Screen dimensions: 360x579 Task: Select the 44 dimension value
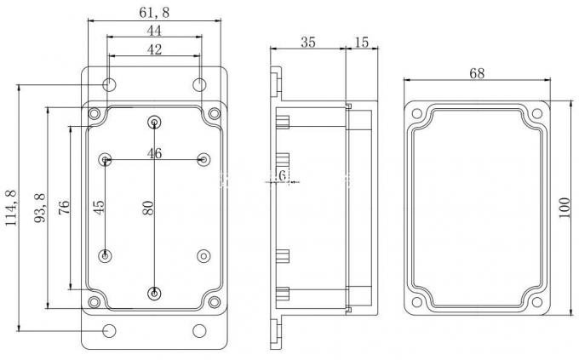(x=154, y=30)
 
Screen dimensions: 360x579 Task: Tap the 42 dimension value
(x=154, y=49)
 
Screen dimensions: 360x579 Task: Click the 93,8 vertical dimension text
(x=39, y=209)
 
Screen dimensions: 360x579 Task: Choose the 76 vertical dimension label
(x=64, y=209)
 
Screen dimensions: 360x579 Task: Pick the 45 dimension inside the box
(x=98, y=208)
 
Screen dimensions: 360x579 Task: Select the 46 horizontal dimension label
(x=154, y=153)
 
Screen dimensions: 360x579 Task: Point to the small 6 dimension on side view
(x=282, y=175)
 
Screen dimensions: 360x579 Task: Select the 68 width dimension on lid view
(x=477, y=74)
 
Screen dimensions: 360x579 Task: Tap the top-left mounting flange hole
(x=110, y=84)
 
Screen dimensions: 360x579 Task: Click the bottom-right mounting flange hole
(x=198, y=330)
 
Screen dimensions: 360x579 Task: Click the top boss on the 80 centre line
(x=154, y=121)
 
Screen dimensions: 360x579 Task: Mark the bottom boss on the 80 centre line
(x=154, y=294)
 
